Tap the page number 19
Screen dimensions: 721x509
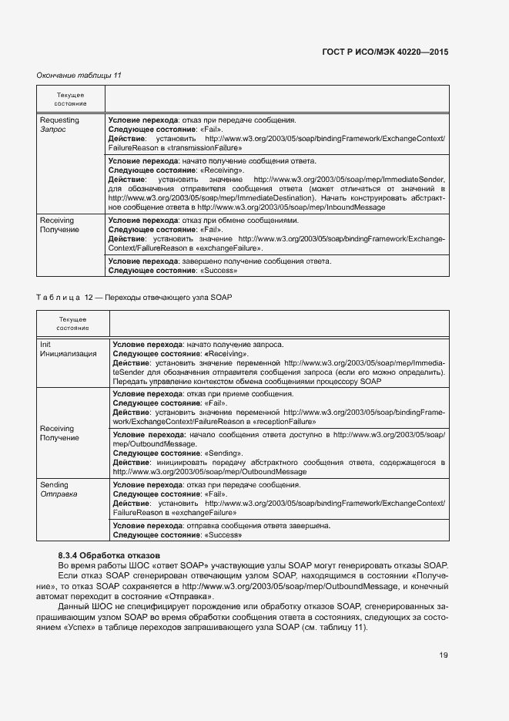coord(444,655)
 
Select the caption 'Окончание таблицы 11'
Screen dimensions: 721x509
coord(79,75)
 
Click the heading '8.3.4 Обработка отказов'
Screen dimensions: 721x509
coord(109,555)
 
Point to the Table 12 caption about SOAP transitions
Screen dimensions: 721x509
coord(134,297)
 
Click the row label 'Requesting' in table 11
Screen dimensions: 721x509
coord(59,120)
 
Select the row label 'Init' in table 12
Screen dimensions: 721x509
coord(45,344)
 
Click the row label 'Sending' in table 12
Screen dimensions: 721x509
coord(54,484)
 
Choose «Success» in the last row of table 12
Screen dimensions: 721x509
coord(223,534)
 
